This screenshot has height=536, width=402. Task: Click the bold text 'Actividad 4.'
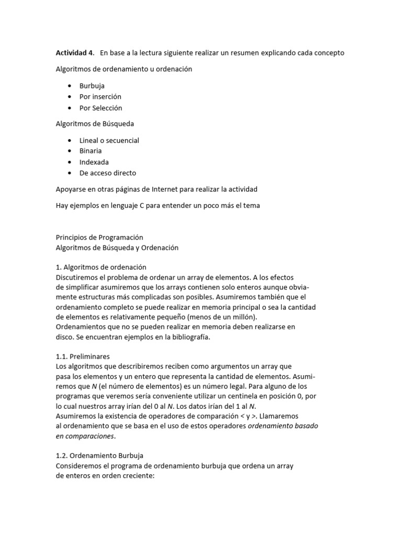[75, 53]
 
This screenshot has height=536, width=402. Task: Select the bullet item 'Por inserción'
[100, 97]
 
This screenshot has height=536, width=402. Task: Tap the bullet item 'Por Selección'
[100, 108]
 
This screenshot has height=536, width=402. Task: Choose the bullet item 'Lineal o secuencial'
[109, 140]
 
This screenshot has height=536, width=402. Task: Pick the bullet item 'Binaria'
[91, 151]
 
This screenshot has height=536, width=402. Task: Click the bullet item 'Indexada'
[94, 162]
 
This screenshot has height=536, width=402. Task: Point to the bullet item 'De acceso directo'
[107, 173]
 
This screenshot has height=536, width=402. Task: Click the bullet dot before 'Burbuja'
[70, 86]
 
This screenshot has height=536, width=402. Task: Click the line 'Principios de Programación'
[99, 238]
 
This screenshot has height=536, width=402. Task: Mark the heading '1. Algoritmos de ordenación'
[101, 267]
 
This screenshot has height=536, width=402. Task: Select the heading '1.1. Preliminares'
[83, 356]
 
